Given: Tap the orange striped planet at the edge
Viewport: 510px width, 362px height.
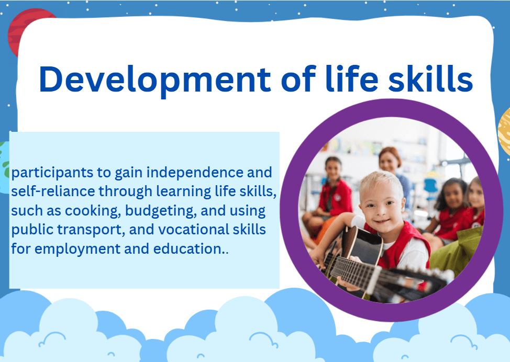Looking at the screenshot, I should click(504, 131).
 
